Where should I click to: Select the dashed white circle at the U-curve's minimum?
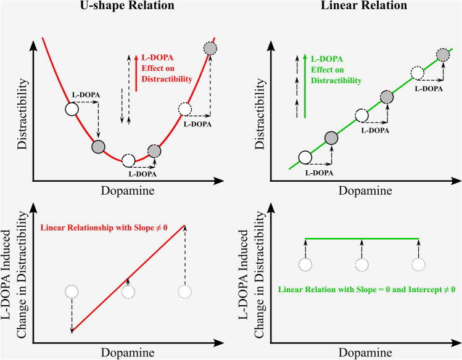128,160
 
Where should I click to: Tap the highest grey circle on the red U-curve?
210,49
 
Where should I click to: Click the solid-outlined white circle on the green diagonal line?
305,157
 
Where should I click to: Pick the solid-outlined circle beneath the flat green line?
305,265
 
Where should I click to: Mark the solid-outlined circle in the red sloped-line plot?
72,292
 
